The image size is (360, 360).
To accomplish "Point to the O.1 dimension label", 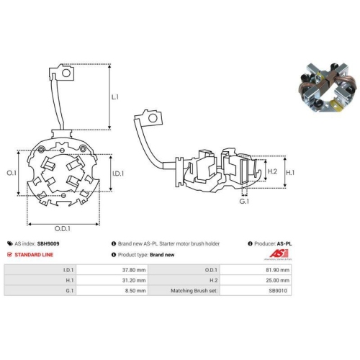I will click(x=11, y=174).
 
